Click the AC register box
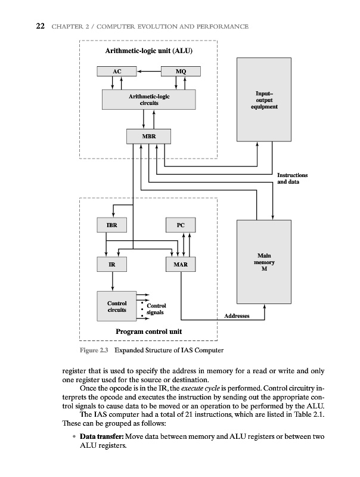[117, 72]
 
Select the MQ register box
[181, 72]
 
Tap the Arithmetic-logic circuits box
[149, 99]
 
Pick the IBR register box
[111, 225]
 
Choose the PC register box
[181, 225]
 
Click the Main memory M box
[264, 262]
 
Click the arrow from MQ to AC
[149, 72]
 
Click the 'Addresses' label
[237, 315]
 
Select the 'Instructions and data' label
[293, 178]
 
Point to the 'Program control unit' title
[149, 332]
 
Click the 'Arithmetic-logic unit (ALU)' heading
[149, 50]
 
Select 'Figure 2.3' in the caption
[94, 350]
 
